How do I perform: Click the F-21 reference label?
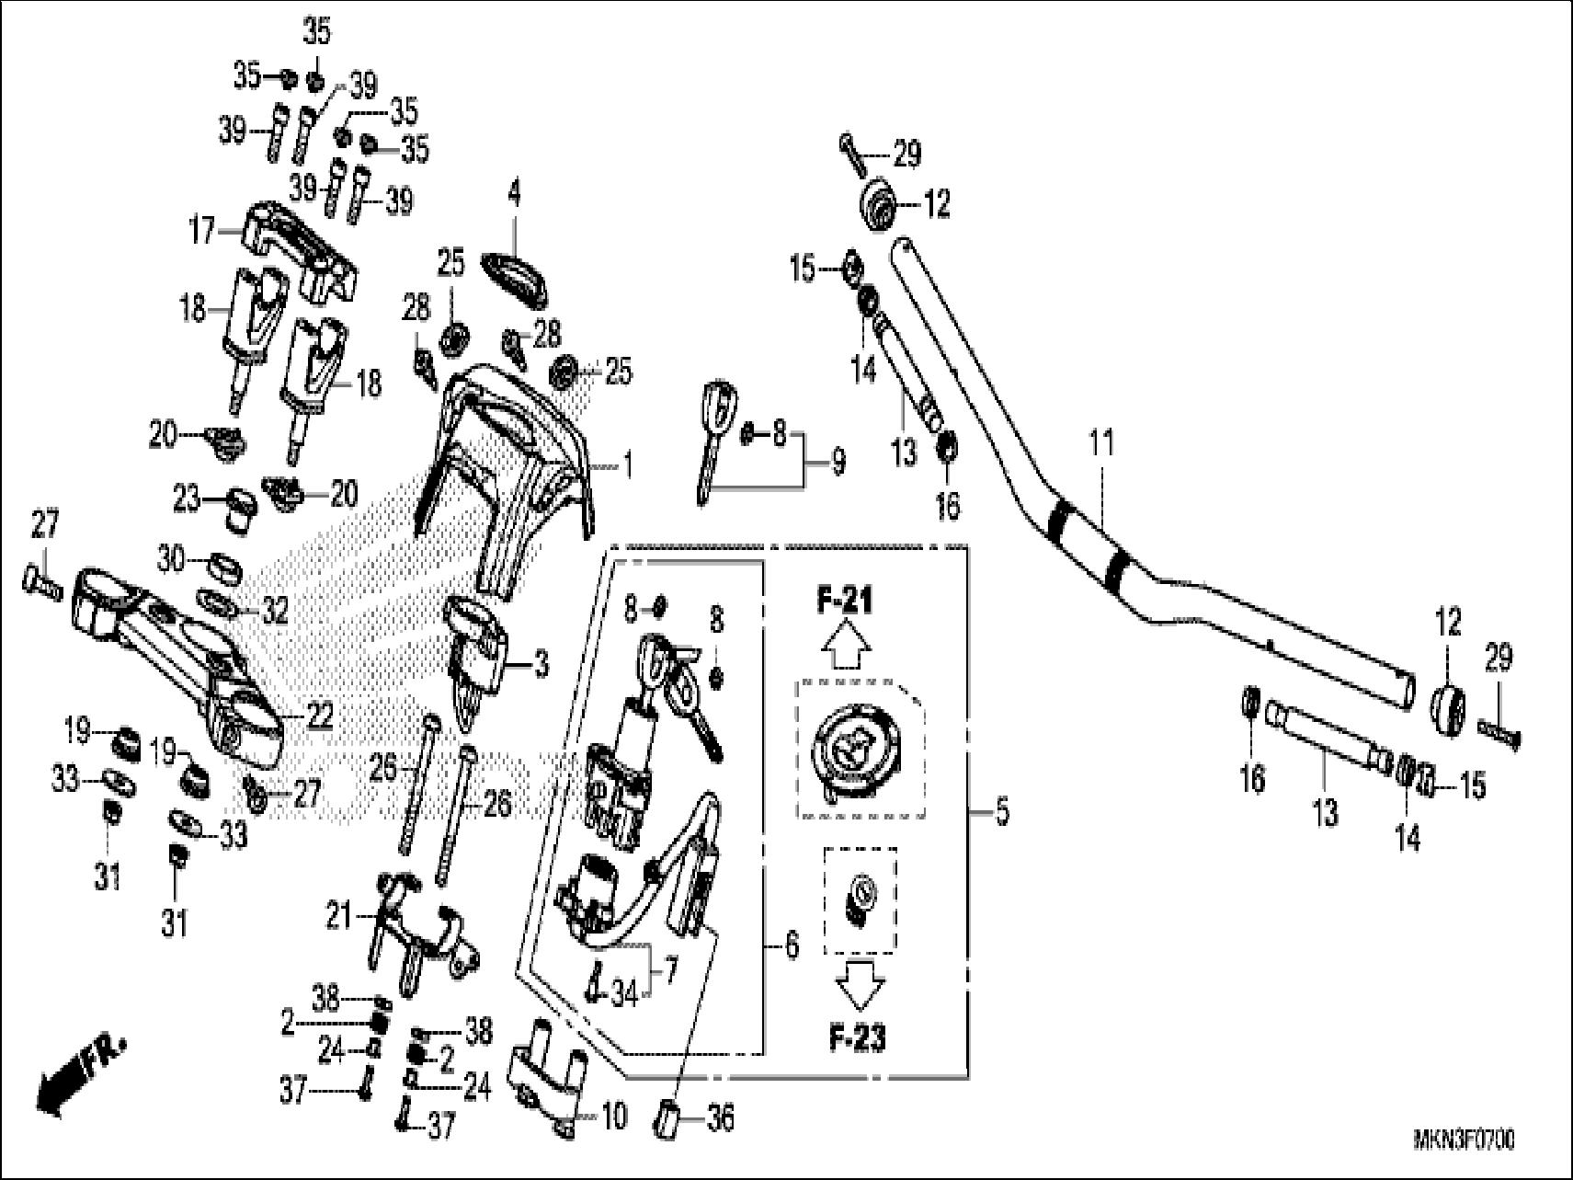pos(845,601)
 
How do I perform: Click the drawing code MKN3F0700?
pos(1464,1141)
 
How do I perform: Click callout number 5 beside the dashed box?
pos(1002,812)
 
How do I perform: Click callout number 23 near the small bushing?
pos(187,499)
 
